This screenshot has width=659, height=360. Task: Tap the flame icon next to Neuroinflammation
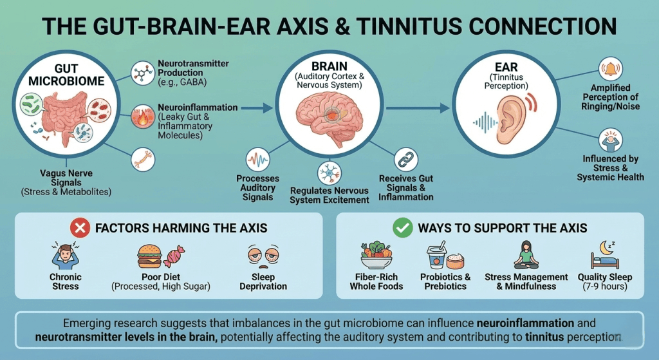pyautogui.click(x=142, y=118)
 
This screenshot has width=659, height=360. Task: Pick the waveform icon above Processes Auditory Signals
pyautogui.click(x=257, y=160)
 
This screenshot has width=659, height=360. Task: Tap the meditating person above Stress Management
pyautogui.click(x=526, y=255)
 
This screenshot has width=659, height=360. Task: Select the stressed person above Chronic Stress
pyautogui.click(x=65, y=256)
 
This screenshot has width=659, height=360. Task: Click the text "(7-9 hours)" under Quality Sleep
pyautogui.click(x=605, y=287)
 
